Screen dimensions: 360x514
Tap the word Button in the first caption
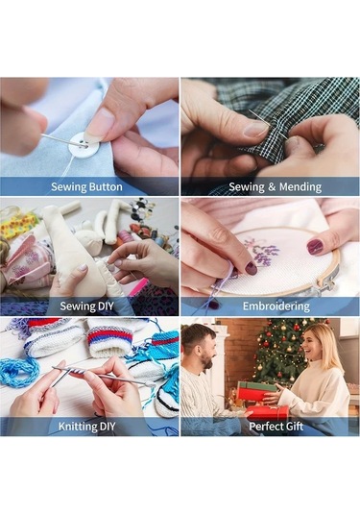[106, 186]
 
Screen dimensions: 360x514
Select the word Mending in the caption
[300, 186]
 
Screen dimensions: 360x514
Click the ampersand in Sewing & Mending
[272, 187]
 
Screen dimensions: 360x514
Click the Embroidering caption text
[276, 306]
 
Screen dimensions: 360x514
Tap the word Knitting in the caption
[74, 427]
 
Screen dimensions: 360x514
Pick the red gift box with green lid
[256, 391]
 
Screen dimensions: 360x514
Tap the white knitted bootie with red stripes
[110, 338]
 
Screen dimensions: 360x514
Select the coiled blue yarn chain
[19, 373]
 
